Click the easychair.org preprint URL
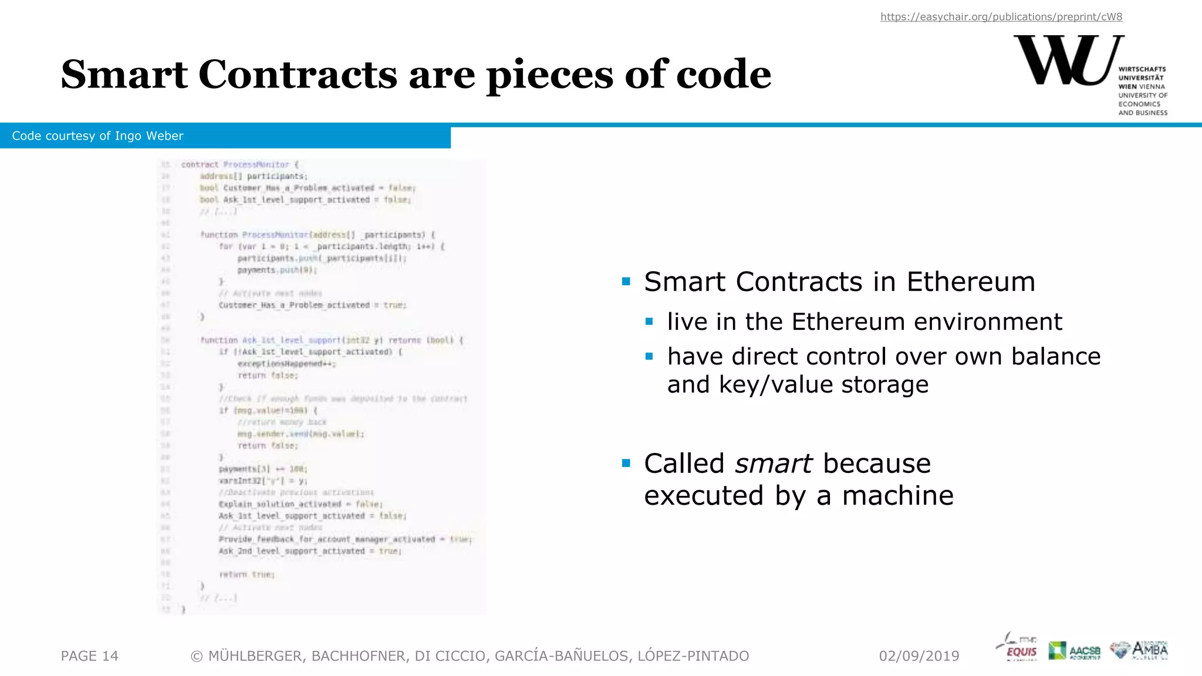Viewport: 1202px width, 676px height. point(1001,17)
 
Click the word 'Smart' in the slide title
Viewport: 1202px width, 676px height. point(124,75)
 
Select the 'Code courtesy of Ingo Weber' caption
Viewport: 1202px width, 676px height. point(97,136)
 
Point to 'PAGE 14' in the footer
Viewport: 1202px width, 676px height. point(89,656)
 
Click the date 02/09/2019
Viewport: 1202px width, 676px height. point(919,656)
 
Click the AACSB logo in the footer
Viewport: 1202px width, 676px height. point(1074,650)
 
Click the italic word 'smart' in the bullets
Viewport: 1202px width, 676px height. point(773,464)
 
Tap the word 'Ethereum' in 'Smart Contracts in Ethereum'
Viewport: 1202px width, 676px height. point(971,282)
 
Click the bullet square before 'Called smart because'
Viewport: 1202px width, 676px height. point(626,463)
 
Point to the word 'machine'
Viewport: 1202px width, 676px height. point(897,496)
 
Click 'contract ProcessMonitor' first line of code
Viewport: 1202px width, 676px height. point(235,165)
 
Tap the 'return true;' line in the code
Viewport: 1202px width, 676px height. point(247,574)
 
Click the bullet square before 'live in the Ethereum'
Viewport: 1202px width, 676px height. point(649,322)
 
